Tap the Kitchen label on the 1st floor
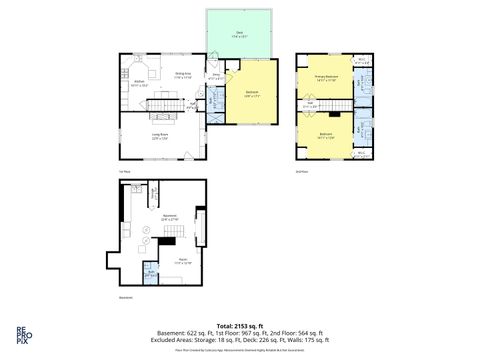140,83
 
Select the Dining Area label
184,73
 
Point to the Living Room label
159,136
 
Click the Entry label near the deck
215,74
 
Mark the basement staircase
172,234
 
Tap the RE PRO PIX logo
21,333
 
